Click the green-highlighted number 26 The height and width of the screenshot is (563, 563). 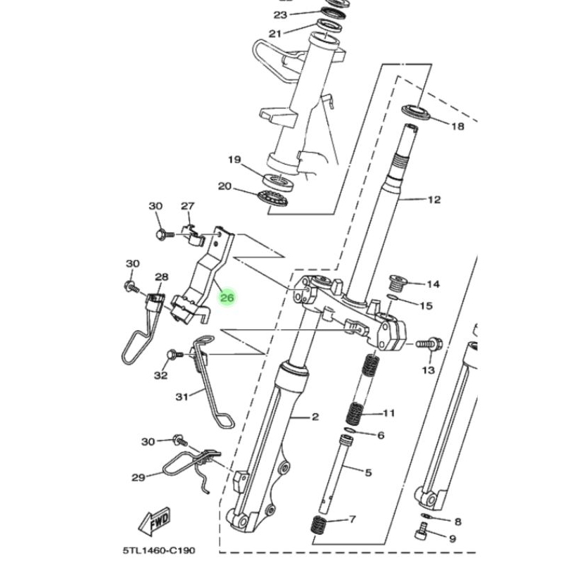click(x=227, y=298)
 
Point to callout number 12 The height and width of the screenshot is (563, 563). click(x=434, y=200)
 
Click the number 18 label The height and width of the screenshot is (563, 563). click(x=457, y=127)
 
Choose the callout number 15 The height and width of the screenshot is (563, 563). click(x=426, y=306)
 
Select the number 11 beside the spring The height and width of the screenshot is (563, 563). click(x=389, y=412)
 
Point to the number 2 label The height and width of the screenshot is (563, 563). click(x=315, y=417)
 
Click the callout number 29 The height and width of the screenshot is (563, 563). click(x=138, y=477)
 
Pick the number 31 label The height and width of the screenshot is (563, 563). click(x=182, y=398)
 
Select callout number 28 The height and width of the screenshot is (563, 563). click(x=161, y=277)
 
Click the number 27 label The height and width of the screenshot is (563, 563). click(x=187, y=206)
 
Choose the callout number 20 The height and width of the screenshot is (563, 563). click(x=224, y=186)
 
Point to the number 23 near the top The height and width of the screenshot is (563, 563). click(x=261, y=15)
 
